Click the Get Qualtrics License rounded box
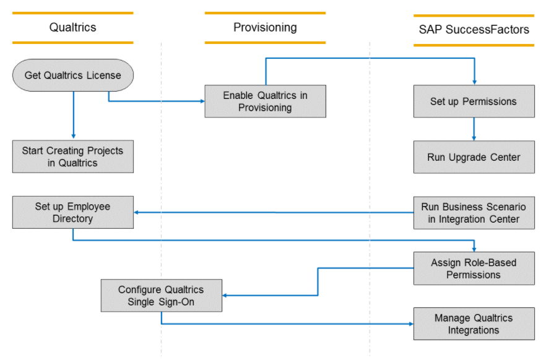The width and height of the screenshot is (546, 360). coord(72,75)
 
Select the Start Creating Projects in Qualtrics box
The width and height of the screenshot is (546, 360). coord(72,156)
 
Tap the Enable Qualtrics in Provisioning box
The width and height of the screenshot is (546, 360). coord(265,101)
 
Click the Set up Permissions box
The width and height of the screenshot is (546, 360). coord(474,101)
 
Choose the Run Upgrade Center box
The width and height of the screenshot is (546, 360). coord(474,157)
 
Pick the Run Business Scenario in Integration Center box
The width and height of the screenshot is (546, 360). coord(474,213)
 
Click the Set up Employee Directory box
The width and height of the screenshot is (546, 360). coord(72,212)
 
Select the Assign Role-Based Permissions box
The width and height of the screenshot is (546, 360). coord(474,268)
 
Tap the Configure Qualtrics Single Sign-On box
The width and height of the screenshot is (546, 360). coord(161,295)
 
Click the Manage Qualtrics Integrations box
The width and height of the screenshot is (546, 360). coord(474,324)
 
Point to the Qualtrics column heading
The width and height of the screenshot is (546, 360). coord(72,27)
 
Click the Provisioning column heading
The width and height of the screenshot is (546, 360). coord(265,27)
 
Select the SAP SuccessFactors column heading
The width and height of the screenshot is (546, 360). coord(474,30)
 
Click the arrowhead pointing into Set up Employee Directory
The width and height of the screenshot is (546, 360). coord(137,212)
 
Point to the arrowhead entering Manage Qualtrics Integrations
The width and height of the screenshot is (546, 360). coord(410,324)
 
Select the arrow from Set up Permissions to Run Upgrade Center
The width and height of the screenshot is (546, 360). coord(474,129)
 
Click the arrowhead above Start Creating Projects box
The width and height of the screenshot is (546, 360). coord(73,136)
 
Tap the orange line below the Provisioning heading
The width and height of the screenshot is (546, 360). coord(265,43)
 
